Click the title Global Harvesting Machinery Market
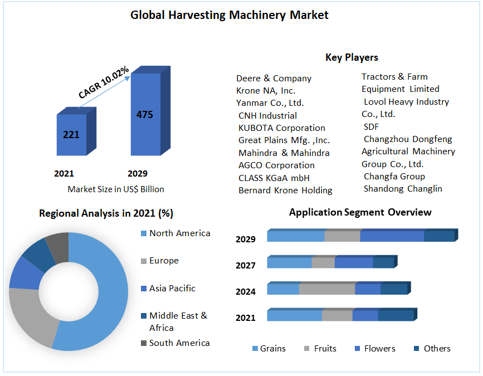[230, 15]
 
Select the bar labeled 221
[71, 135]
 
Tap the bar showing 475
[145, 115]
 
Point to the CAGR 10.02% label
[104, 82]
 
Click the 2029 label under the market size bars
[138, 173]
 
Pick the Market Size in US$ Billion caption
[116, 189]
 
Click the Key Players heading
[352, 57]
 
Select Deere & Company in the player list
[274, 79]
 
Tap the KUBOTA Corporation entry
[281, 128]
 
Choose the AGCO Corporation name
[276, 165]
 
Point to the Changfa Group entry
[394, 177]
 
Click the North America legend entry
[179, 233]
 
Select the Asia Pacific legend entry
[172, 289]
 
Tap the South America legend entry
[179, 343]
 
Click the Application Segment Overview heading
[360, 212]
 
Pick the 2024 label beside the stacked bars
[246, 291]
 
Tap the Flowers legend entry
[379, 349]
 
